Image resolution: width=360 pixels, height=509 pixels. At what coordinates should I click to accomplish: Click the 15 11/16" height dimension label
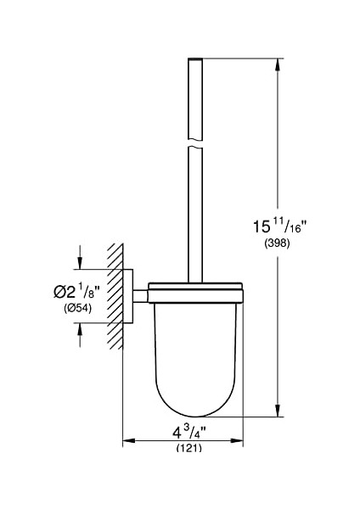279,226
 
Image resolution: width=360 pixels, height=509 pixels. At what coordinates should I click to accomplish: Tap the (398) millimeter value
277,243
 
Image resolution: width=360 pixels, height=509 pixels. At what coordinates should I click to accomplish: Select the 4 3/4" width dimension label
189,432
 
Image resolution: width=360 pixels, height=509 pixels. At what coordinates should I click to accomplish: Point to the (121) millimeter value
189,448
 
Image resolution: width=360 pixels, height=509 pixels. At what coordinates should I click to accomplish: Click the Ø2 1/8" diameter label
76,292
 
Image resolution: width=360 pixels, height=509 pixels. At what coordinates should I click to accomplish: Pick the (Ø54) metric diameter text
77,308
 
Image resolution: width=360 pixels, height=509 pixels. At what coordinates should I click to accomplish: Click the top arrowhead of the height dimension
277,64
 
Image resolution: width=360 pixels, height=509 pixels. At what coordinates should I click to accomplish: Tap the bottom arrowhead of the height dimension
277,411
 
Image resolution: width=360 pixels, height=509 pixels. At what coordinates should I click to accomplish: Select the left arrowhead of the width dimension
129,440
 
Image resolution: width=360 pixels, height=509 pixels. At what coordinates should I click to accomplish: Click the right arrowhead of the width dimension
237,440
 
